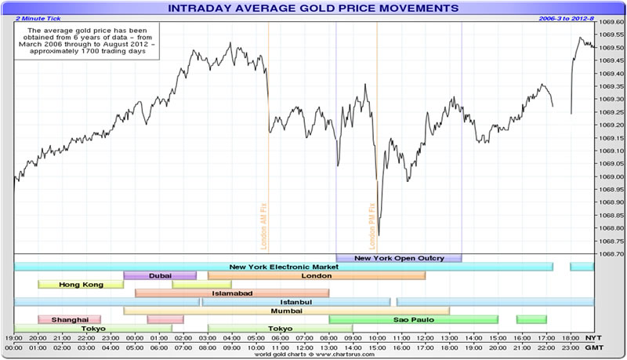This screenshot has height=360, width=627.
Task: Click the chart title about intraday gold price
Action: (313, 8)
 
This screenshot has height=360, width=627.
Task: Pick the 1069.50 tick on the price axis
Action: (610, 47)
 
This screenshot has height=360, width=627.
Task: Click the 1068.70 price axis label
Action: (610, 253)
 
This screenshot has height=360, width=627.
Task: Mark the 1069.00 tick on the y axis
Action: (610, 176)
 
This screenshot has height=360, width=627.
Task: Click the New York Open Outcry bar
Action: (399, 258)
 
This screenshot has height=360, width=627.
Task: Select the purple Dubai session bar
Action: (160, 275)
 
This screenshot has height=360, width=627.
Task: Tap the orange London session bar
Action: (317, 275)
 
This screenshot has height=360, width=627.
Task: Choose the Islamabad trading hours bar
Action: (232, 293)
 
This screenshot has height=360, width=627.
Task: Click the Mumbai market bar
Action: (286, 311)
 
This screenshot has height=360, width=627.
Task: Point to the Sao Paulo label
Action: (413, 319)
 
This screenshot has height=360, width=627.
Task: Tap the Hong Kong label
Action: (81, 284)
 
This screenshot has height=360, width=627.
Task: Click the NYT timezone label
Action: (595, 336)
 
